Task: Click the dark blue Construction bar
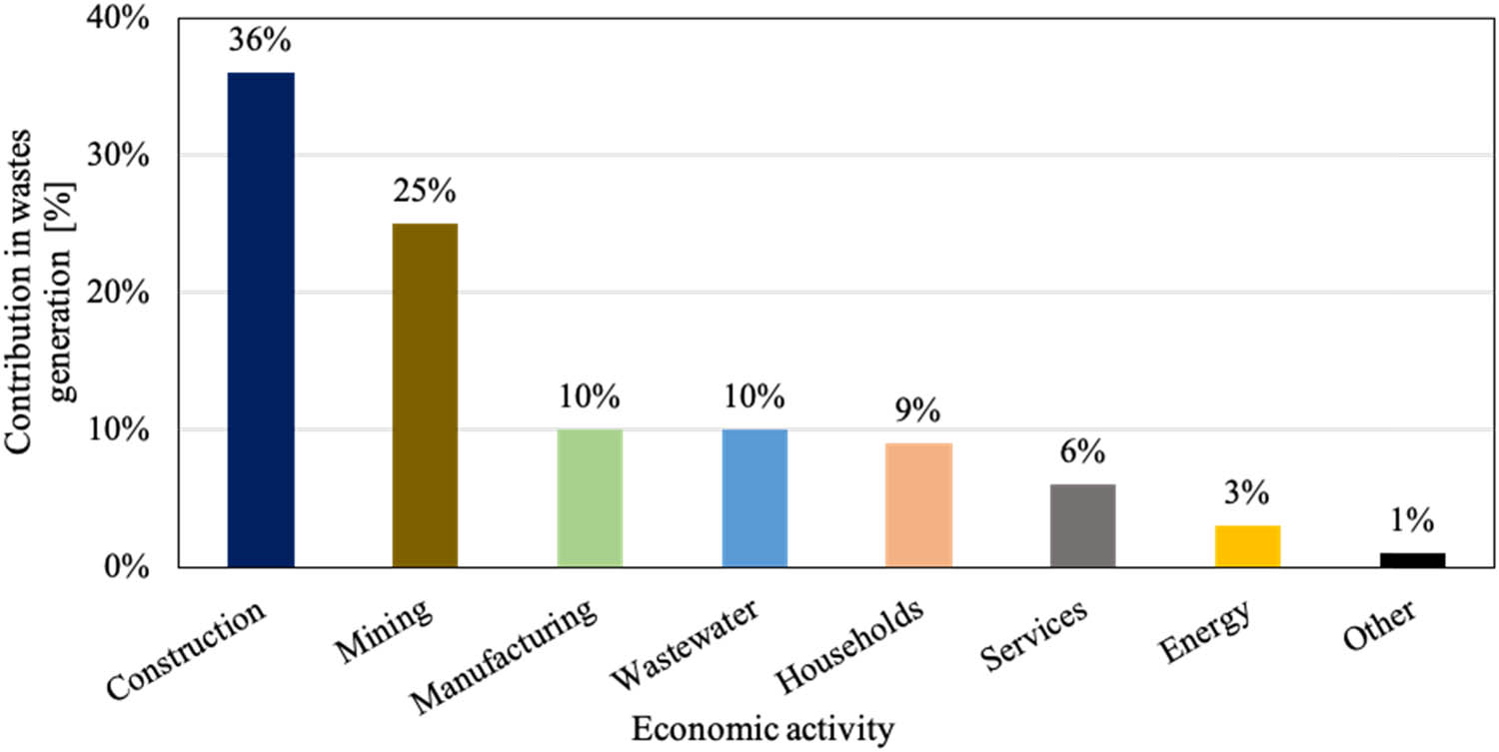(x=261, y=320)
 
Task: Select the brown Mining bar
(x=425, y=395)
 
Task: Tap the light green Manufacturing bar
(x=590, y=498)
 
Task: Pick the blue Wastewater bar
(x=754, y=498)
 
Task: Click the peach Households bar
(x=918, y=505)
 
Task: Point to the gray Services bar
(x=1082, y=525)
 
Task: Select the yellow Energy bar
(x=1247, y=546)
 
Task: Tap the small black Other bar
(x=1412, y=560)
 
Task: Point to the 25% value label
(x=425, y=191)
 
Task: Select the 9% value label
(x=918, y=410)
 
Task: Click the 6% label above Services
(x=1082, y=452)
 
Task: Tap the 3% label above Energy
(x=1247, y=492)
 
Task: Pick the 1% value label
(x=1412, y=520)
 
